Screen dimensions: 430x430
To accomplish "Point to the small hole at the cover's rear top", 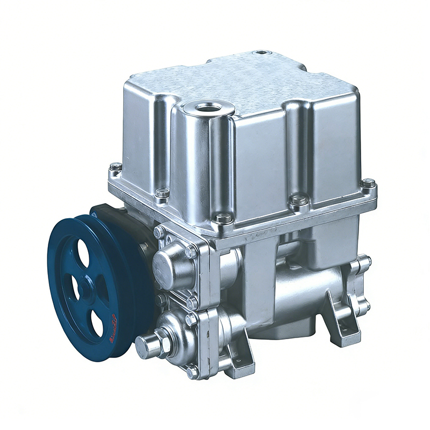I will point(262,53).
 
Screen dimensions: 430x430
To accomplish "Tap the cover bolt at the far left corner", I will point(116,167).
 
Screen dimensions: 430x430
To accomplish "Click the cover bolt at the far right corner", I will point(368,183).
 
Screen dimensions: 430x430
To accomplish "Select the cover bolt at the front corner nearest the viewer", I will point(223,218).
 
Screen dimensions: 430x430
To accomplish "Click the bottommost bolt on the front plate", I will point(193,371).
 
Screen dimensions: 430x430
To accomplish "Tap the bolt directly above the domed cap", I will point(159,232).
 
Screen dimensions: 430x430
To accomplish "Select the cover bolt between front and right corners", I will point(299,200).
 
